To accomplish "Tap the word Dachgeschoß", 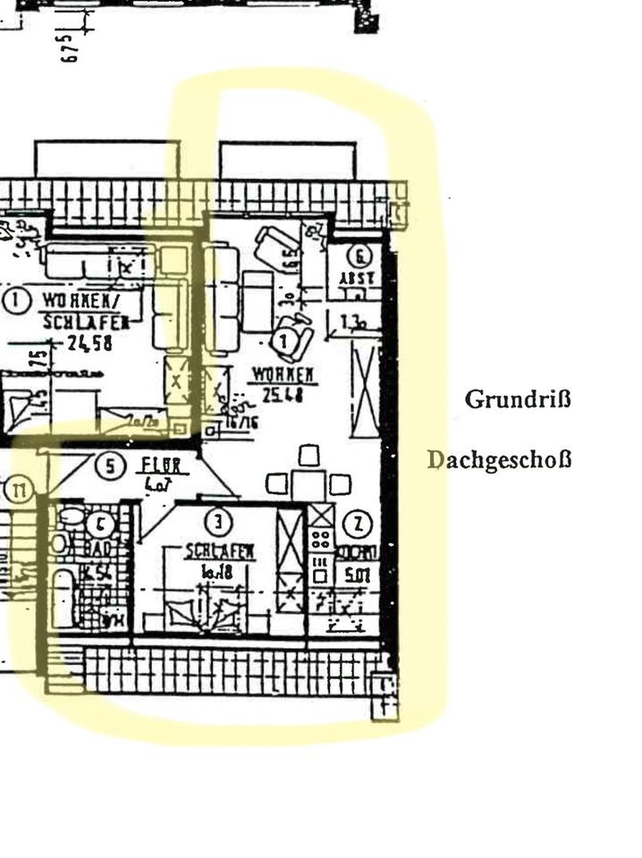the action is tap(498, 460).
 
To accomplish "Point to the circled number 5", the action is tap(109, 466).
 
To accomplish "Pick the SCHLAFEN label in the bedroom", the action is tap(219, 552).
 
